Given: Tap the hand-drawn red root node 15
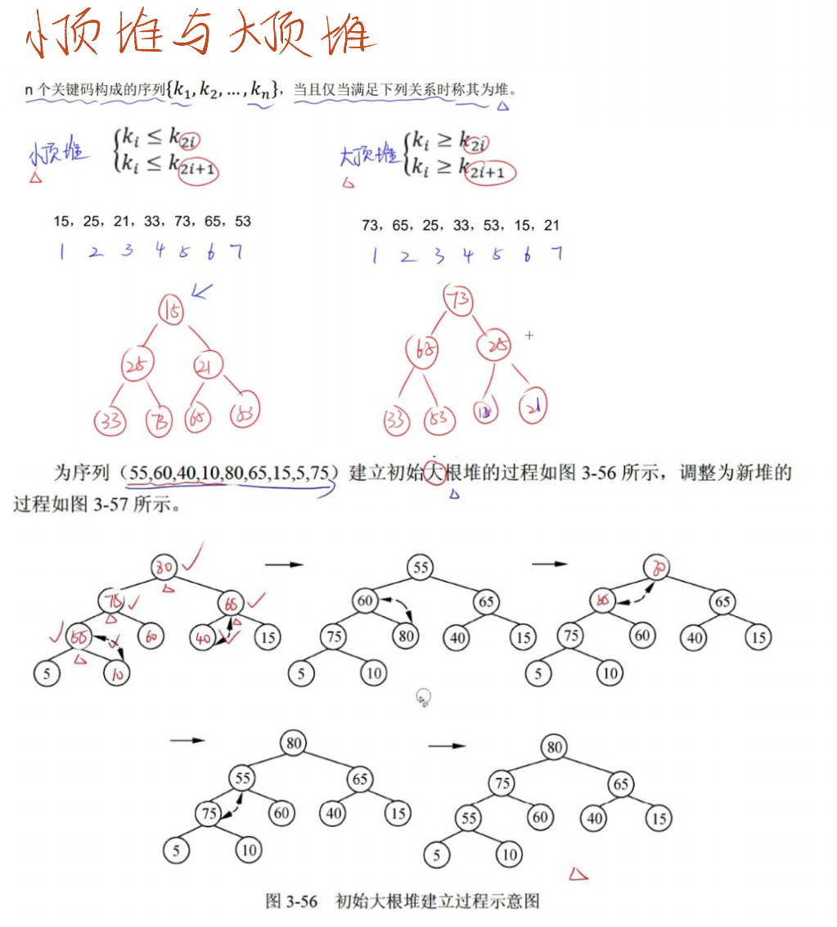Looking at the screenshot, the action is (x=172, y=311).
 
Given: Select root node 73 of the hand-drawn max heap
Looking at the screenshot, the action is (x=458, y=300).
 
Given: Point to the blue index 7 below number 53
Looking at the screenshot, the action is (x=236, y=251).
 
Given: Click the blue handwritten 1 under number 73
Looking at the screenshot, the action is (x=375, y=255).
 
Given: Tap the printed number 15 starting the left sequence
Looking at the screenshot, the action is (x=61, y=222).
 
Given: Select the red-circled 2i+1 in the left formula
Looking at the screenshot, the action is (x=199, y=169).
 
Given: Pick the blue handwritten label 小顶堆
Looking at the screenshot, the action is (x=56, y=155).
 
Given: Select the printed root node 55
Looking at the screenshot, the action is (x=421, y=568).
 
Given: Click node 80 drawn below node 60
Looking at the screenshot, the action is (x=407, y=636).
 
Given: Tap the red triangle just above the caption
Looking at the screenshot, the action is (x=578, y=875).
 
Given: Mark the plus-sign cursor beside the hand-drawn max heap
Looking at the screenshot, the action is (x=529, y=335).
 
